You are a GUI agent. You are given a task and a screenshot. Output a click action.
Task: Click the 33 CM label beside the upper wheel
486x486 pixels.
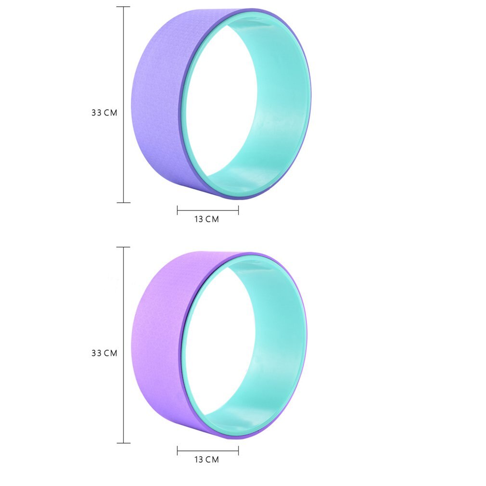pos(104,113)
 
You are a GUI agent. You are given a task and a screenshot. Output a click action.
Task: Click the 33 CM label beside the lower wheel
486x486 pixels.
pos(104,353)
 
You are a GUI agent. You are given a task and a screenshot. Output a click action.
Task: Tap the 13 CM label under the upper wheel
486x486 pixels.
pos(207,219)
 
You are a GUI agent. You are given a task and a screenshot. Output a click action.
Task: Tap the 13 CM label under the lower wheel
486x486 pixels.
pos(207,460)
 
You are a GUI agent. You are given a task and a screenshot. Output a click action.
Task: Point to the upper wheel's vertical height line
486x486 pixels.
pos(124,104)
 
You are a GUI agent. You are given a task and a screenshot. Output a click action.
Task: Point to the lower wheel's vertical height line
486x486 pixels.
pos(124,345)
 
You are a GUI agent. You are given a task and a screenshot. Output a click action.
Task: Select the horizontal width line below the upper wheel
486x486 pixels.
pos(208,210)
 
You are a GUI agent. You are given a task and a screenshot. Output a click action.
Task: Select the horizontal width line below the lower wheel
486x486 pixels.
pos(208,451)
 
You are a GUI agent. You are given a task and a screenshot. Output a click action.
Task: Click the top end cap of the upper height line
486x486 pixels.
pos(124,7)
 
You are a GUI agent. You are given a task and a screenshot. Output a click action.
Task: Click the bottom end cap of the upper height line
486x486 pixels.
pos(124,203)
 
